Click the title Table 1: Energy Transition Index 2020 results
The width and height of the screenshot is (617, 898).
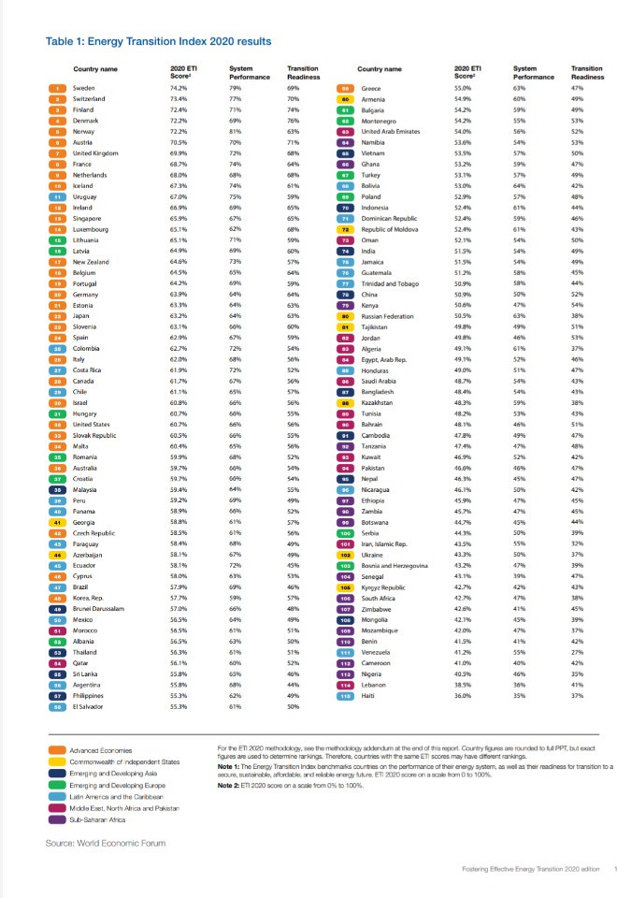point(159,41)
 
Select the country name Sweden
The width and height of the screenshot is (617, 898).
point(83,87)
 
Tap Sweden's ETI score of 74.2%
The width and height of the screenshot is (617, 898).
point(179,87)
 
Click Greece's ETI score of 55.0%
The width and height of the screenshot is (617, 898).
point(462,87)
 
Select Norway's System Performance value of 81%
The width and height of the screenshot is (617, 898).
point(236,132)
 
